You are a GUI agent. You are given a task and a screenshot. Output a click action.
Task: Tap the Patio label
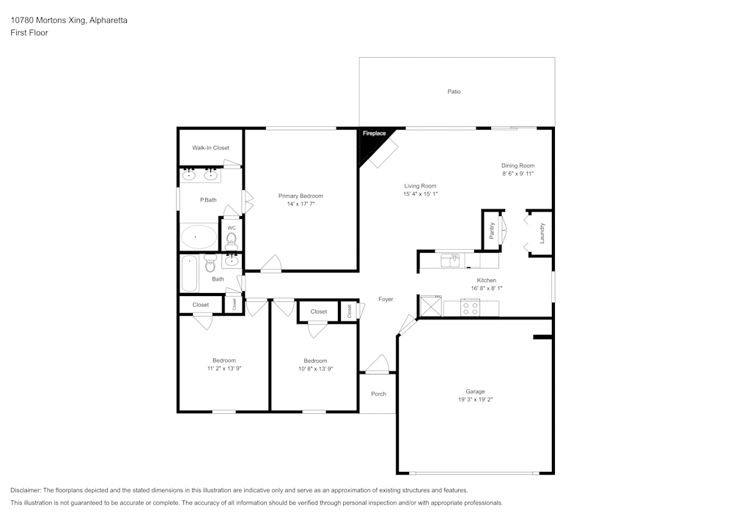454,92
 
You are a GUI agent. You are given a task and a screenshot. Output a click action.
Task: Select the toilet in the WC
232,239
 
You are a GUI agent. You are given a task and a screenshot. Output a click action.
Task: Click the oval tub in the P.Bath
199,237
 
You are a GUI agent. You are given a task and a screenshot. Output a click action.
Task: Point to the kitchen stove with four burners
470,308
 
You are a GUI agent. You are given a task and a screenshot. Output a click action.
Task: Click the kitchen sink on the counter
450,259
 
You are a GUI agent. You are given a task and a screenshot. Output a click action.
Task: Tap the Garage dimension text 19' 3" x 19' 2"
475,400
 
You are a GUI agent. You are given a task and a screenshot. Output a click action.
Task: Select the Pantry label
492,230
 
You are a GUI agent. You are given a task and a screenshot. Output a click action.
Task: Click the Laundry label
542,232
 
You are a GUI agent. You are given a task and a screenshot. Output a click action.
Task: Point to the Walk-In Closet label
211,148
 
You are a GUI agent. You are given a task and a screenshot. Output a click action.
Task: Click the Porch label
378,394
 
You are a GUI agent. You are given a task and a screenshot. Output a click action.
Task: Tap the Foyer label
386,299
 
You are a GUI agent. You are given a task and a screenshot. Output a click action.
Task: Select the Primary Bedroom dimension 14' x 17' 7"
301,204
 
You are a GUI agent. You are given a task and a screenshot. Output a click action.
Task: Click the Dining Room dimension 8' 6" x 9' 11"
517,174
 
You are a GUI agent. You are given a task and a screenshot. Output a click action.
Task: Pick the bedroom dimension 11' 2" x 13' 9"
224,369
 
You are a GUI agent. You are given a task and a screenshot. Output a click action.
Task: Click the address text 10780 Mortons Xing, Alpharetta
69,21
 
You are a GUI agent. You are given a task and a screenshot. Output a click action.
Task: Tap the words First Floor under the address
29,33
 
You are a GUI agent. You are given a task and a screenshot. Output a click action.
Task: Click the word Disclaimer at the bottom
26,490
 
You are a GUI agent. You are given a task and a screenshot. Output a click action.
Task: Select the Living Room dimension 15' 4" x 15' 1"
420,194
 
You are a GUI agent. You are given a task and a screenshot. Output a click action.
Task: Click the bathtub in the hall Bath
190,273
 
